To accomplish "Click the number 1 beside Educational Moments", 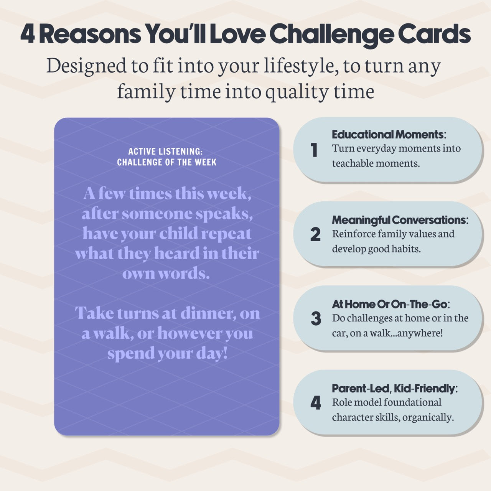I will [314, 150].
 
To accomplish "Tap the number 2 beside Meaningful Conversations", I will [315, 234].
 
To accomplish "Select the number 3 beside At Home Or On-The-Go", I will [316, 319].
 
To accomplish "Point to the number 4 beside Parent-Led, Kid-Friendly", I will [315, 403].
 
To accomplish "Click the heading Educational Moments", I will [387, 135].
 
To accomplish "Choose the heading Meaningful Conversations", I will [399, 220].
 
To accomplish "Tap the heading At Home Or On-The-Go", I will [389, 305].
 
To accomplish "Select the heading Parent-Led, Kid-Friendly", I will [393, 389].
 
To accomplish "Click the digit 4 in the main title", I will [27, 35].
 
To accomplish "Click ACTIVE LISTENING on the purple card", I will [165, 152].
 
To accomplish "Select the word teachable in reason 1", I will [353, 163].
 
